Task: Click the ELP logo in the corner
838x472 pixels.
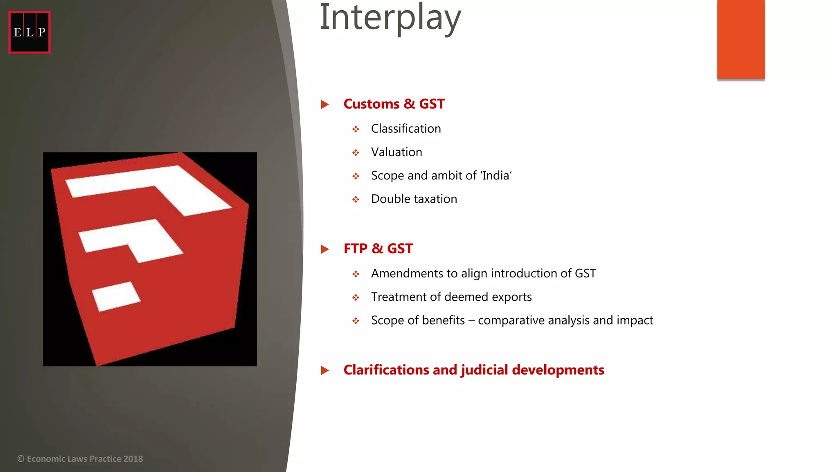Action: pyautogui.click(x=29, y=32)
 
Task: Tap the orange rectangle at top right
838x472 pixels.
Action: pyautogui.click(x=741, y=39)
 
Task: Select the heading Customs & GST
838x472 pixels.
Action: pyautogui.click(x=394, y=104)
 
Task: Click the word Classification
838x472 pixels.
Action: pyautogui.click(x=405, y=129)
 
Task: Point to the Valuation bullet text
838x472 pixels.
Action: pyautogui.click(x=396, y=152)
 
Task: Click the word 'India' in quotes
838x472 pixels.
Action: pyautogui.click(x=496, y=175)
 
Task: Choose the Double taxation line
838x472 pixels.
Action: pyautogui.click(x=414, y=199)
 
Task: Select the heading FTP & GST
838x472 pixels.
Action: pyautogui.click(x=378, y=249)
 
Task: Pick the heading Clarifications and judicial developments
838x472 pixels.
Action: pyautogui.click(x=473, y=370)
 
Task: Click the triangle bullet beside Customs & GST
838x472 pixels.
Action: pyautogui.click(x=325, y=104)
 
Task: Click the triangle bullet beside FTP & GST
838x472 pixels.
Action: pyautogui.click(x=325, y=249)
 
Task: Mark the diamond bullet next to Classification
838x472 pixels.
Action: pyautogui.click(x=356, y=129)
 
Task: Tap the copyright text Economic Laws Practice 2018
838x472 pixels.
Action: pyautogui.click(x=80, y=459)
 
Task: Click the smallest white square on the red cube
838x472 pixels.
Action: pyautogui.click(x=116, y=296)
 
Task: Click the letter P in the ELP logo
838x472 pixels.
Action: pyautogui.click(x=42, y=32)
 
